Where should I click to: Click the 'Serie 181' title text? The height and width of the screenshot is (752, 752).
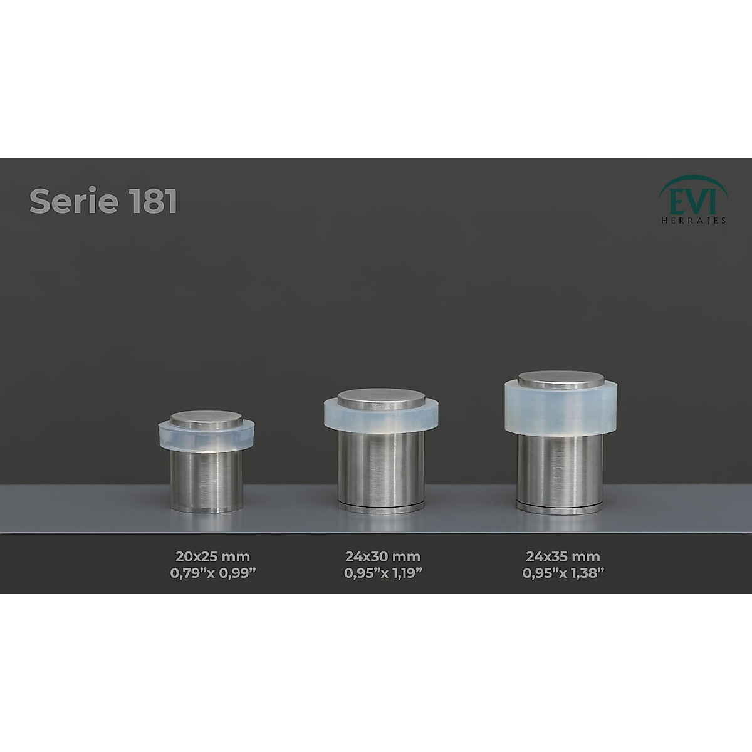103,202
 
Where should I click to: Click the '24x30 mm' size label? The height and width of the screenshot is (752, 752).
382,556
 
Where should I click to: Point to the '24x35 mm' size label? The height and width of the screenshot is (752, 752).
563,556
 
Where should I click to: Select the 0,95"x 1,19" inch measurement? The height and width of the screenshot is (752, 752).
382,572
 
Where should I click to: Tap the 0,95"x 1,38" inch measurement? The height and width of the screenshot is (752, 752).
563,572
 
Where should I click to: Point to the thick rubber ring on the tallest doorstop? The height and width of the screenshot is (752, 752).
561,407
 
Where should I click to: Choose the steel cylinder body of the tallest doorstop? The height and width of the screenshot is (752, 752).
561,470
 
